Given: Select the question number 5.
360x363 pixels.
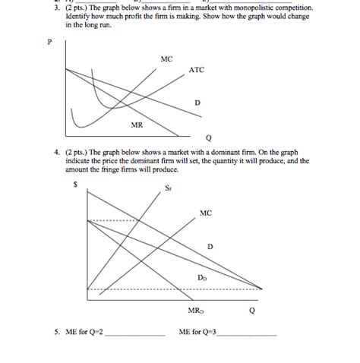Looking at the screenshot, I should [56, 332].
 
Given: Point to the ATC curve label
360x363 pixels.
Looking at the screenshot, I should [197, 71].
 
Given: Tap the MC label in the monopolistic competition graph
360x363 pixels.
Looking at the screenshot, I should [166, 58].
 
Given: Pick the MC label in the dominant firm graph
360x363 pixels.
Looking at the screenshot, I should [206, 213].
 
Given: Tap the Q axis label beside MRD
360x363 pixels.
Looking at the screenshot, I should [251, 310].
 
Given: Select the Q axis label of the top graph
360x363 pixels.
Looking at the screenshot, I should [209, 137].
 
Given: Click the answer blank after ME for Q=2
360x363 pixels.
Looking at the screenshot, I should [138, 333].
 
